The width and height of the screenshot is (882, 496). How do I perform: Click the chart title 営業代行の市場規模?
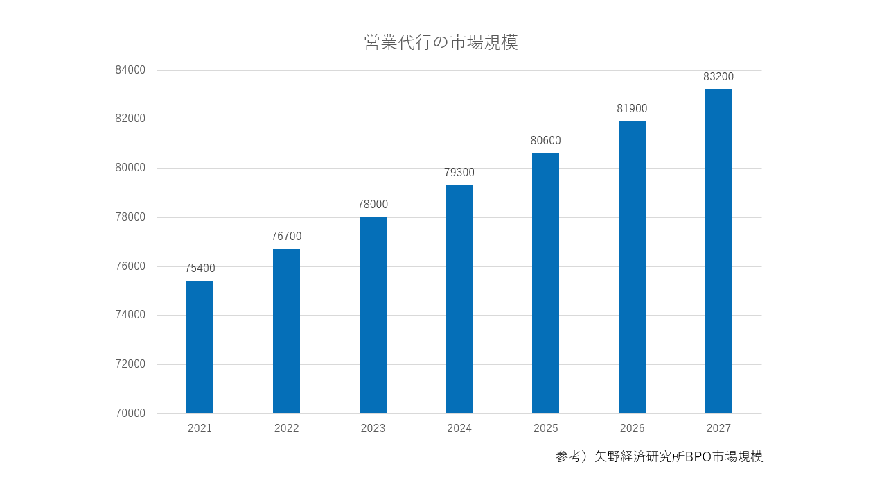441,42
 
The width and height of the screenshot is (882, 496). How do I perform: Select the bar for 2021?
200,347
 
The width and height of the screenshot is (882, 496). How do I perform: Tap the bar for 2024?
459,299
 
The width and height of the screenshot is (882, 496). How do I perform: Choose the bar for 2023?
373,315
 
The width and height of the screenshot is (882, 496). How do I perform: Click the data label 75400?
200,268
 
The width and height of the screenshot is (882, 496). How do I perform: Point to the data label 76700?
286,237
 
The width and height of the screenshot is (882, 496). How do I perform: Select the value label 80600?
545,141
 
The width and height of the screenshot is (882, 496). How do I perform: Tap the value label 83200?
718,77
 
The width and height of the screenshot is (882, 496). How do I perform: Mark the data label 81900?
632,109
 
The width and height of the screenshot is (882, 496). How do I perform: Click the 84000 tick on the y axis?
130,70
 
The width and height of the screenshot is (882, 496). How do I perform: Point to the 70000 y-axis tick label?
130,413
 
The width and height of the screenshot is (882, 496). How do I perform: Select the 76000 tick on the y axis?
130,266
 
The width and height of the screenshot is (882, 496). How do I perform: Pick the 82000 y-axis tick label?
130,119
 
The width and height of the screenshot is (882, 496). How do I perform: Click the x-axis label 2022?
286,429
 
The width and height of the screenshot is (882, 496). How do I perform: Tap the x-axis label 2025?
545,429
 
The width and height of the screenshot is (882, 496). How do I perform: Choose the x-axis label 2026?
632,429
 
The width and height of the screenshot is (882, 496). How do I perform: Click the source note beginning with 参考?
659,457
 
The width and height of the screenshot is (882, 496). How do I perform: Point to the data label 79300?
459,173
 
